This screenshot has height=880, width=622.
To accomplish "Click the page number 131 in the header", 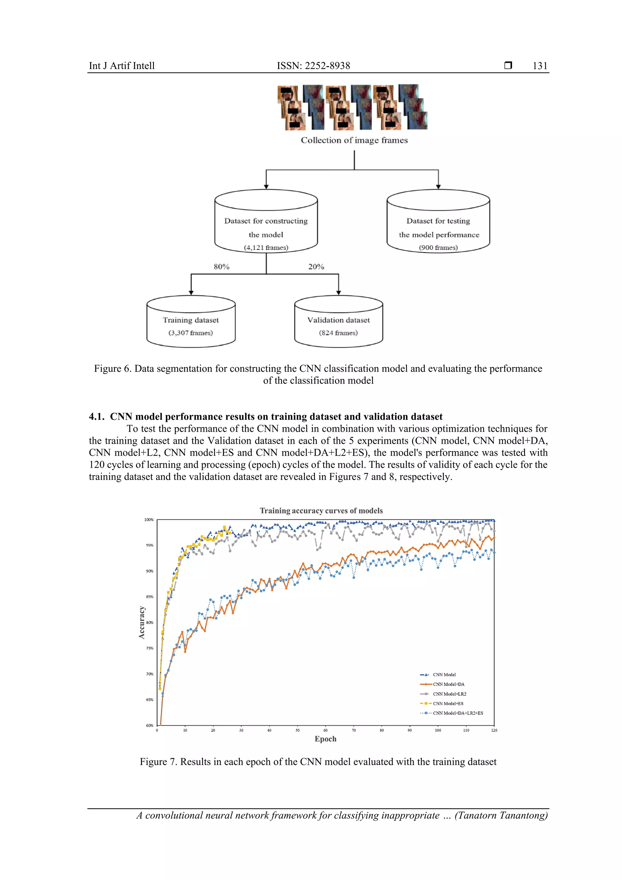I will [540, 66].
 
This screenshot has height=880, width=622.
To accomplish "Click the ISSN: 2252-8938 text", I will [313, 66].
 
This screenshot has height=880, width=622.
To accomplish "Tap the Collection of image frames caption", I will [354, 140].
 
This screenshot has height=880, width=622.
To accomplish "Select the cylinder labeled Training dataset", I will [191, 322].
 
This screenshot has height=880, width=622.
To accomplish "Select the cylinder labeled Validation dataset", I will [338, 322].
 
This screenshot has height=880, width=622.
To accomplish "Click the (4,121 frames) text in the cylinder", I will [266, 248].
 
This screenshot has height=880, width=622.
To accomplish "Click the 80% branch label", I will [221, 267].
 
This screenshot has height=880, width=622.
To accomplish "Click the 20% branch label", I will [316, 267].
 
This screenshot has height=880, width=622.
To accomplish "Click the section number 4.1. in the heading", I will [97, 417].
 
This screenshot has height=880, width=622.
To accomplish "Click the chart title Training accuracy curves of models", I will [321, 511].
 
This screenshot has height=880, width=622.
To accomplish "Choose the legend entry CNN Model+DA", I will [448, 684].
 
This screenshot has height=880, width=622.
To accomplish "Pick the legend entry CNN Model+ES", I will [448, 703].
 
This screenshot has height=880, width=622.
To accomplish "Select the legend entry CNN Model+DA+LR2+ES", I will [458, 713].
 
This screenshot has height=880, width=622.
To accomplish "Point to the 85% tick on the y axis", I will [149, 597].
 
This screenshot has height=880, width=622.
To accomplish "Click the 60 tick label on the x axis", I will [325, 731].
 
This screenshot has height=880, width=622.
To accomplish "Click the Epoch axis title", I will [325, 739].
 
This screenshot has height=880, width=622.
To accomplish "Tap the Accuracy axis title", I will [142, 622].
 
